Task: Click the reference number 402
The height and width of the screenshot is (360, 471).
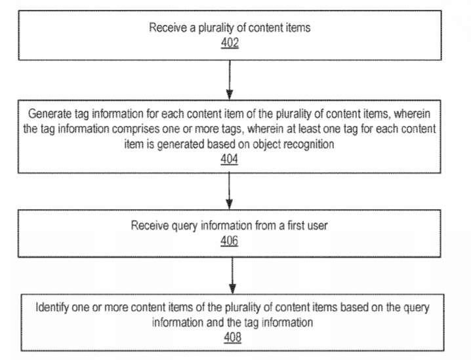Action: pyautogui.click(x=230, y=43)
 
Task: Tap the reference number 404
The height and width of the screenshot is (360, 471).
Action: pyautogui.click(x=229, y=159)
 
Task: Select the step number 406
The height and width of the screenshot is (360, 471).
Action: pyautogui.click(x=229, y=241)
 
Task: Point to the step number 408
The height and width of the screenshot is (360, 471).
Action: pyautogui.click(x=232, y=338)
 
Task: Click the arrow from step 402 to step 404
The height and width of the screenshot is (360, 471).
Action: pyautogui.click(x=230, y=80)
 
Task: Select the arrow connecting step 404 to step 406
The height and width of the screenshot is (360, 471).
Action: pyautogui.click(x=229, y=191)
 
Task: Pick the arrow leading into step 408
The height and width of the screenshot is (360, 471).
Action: pyautogui.click(x=232, y=275)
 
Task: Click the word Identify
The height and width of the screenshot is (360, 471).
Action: pyautogui.click(x=52, y=308)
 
